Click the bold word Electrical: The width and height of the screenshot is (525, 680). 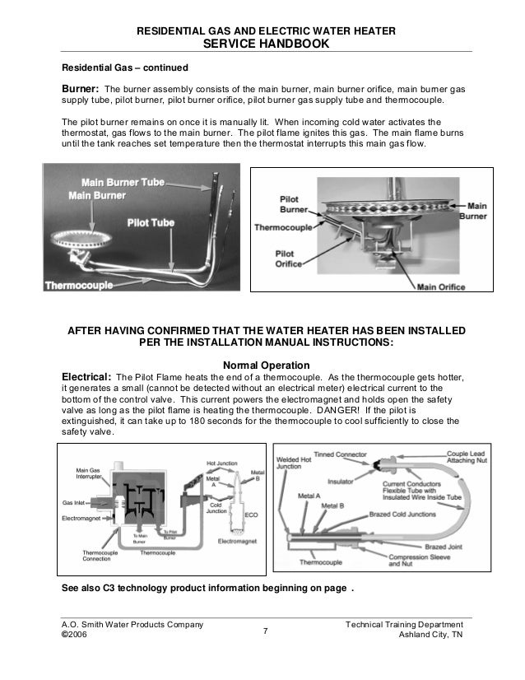coord(86,379)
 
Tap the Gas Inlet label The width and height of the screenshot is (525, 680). coord(78,501)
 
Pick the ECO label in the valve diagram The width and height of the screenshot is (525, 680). coord(252,514)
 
